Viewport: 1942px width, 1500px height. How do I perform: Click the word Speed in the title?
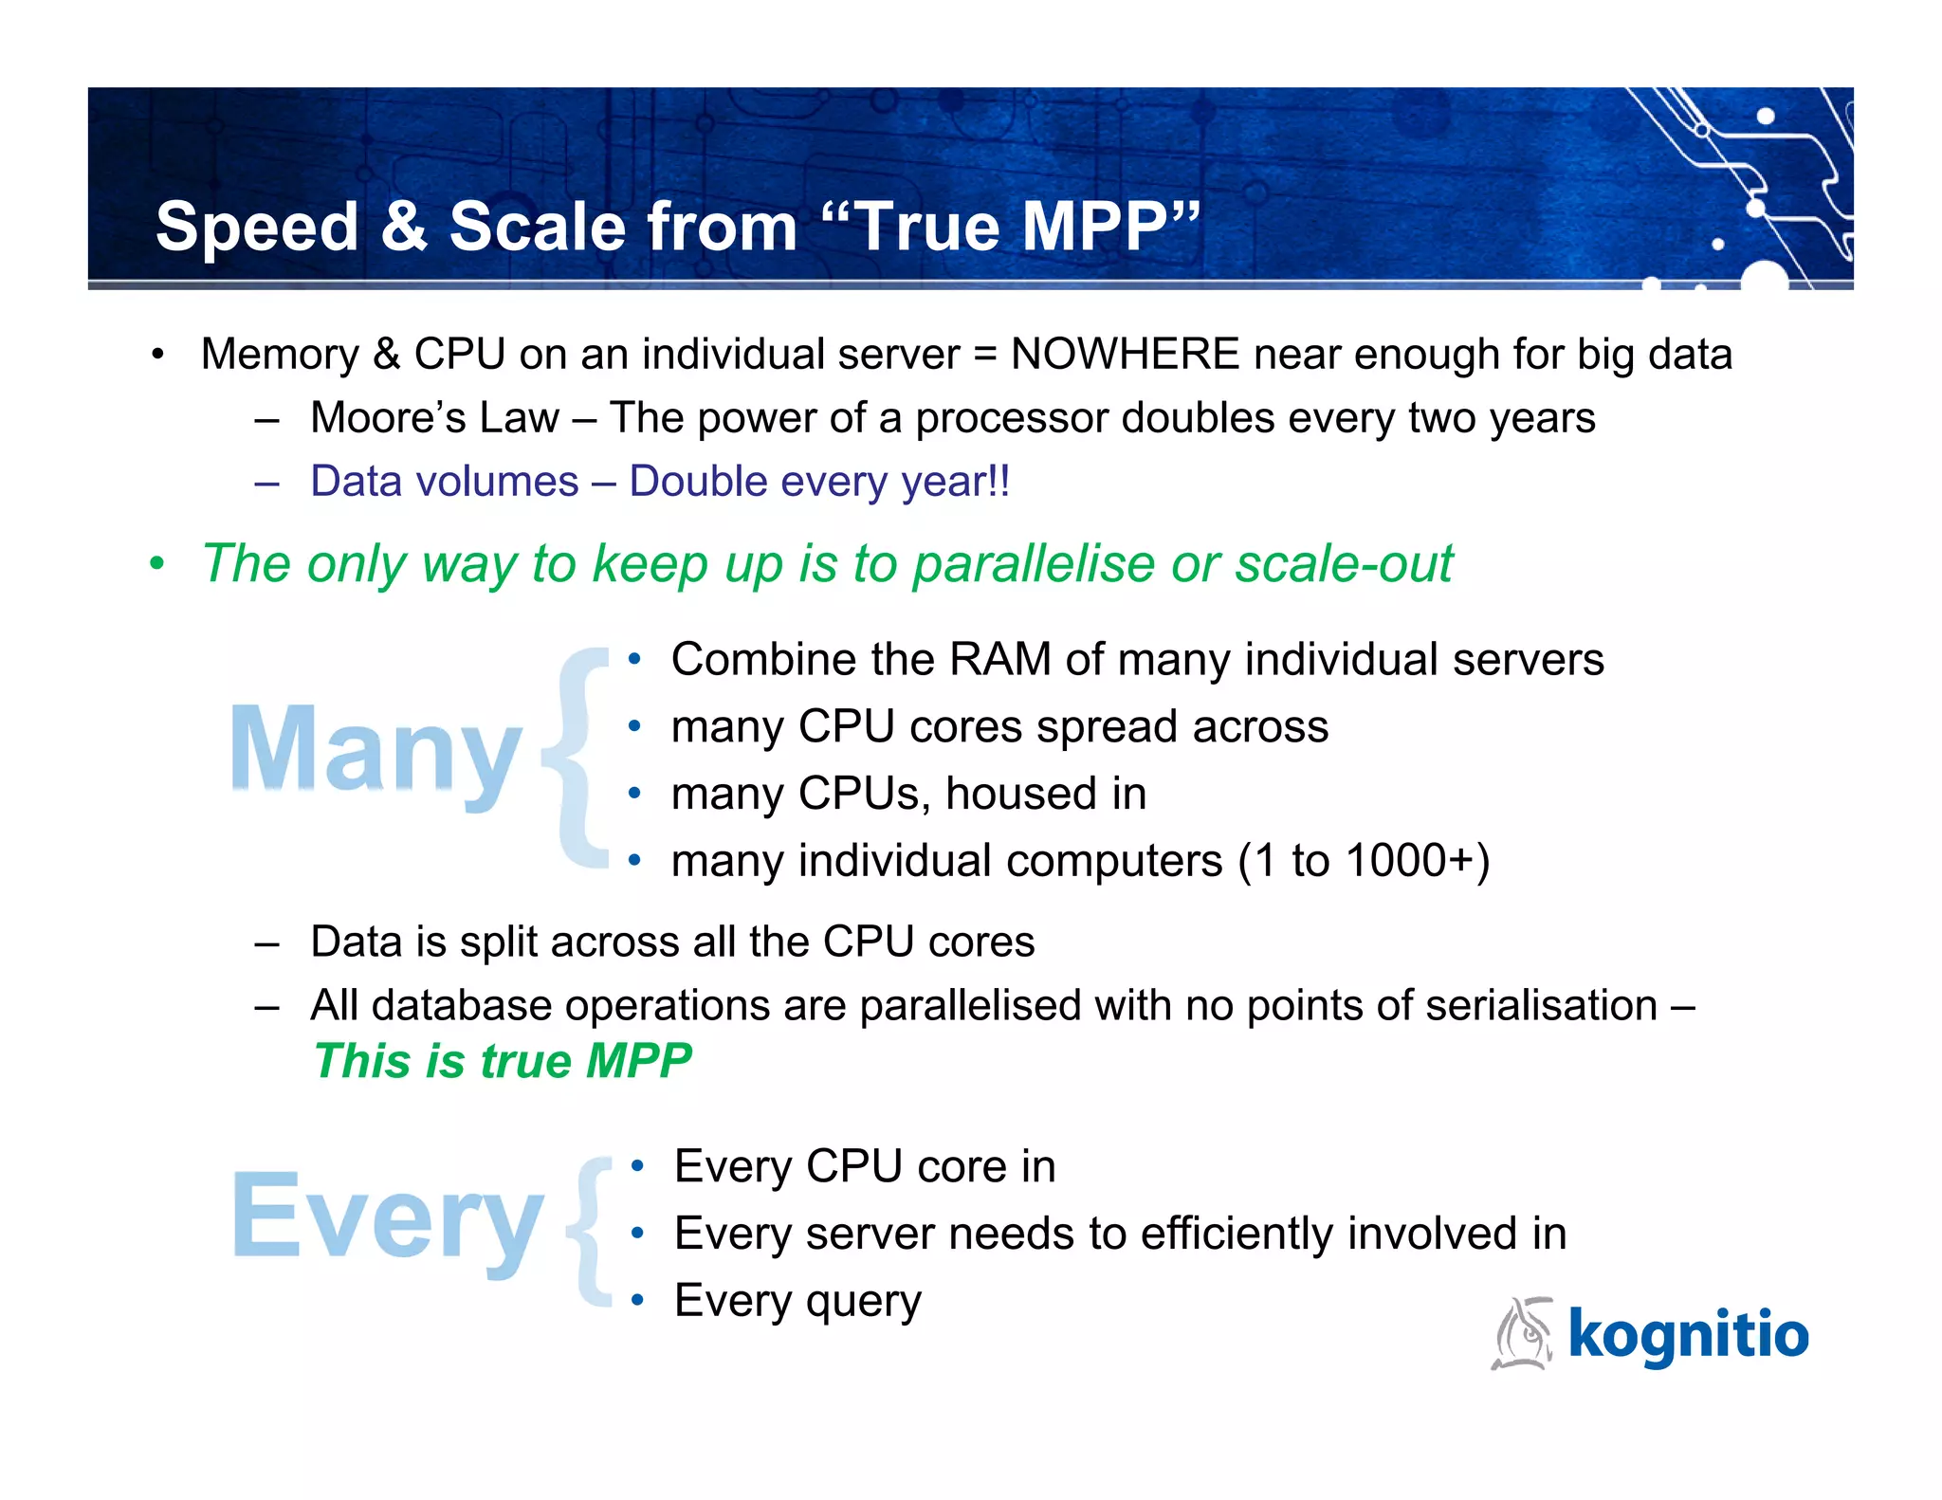coord(257,228)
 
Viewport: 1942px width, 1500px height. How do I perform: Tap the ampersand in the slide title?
coord(405,228)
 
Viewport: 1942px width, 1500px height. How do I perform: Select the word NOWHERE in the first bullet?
coord(1125,355)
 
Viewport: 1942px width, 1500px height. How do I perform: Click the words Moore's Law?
coord(434,418)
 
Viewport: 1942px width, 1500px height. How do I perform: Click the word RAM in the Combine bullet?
coord(999,660)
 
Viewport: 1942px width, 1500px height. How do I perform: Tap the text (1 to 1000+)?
coord(1363,862)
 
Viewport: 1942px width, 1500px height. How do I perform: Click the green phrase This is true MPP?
coord(503,1061)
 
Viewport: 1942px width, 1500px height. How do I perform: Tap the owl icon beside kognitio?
coord(1523,1333)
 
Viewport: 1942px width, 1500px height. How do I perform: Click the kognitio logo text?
coord(1688,1334)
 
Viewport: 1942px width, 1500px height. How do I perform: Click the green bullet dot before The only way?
coord(157,565)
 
